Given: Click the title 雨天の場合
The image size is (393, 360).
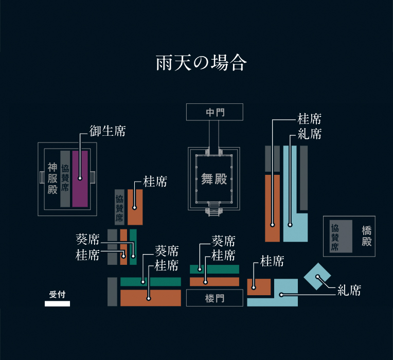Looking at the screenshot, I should point(202,63).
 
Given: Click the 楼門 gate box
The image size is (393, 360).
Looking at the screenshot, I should point(215,298).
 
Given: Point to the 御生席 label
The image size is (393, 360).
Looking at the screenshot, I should point(108,131).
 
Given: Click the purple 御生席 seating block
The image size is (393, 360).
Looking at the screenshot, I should point(80,178).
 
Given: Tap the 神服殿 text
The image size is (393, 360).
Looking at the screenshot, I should point(52,178).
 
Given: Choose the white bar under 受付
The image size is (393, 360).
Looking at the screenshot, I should point(57,303).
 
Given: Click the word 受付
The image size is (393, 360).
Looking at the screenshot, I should point(57,295).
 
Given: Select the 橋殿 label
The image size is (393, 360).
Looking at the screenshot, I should point(366,236).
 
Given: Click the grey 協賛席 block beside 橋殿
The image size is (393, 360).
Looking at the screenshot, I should point(341,236).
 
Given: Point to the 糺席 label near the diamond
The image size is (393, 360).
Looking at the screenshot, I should point(349,291).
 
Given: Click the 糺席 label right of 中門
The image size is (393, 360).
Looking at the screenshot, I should point(309,135).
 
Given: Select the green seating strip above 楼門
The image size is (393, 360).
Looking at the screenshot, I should point(215,269).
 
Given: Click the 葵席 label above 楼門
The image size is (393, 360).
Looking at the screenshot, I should point(224,241).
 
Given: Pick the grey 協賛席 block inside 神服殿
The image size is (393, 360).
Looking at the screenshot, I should point(65,178).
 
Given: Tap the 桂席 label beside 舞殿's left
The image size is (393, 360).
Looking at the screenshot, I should point(155,182).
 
